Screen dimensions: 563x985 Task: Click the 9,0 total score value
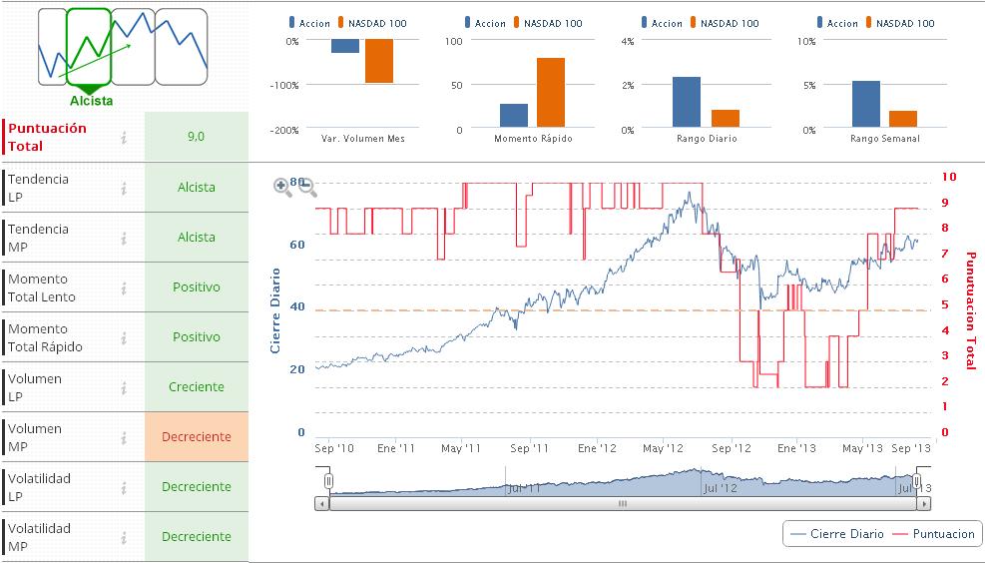(196, 137)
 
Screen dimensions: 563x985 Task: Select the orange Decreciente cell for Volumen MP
(196, 437)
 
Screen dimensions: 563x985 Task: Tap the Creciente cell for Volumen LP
(196, 387)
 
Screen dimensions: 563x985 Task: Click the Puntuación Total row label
(47, 137)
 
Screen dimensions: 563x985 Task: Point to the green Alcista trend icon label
(91, 100)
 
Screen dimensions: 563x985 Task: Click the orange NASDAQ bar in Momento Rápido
(550, 93)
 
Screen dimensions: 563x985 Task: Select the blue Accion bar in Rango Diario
(686, 103)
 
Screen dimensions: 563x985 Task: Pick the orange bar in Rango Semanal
(902, 119)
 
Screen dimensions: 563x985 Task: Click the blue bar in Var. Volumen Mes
(344, 46)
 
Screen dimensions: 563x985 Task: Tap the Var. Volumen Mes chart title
(363, 139)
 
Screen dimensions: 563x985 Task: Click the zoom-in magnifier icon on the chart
(282, 186)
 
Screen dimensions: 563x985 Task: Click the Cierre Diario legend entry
(836, 534)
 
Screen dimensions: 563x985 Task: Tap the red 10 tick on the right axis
(949, 177)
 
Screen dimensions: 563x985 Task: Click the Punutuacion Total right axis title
(970, 310)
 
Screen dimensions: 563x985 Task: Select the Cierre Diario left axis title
(275, 310)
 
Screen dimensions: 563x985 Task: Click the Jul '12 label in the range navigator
(721, 489)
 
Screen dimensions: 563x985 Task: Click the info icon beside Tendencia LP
(124, 188)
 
